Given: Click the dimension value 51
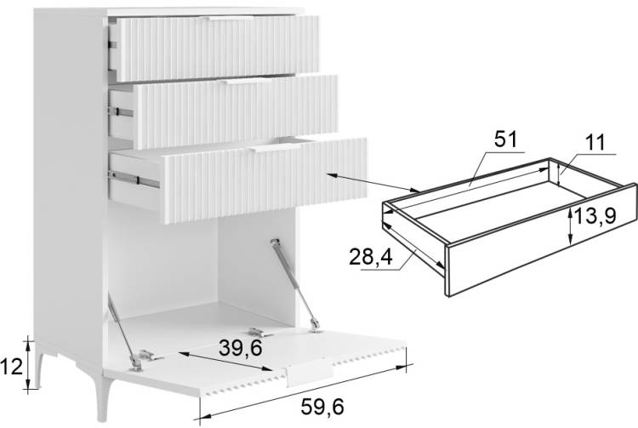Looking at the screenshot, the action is coord(506,140).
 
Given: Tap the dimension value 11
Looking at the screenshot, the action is coord(595,142).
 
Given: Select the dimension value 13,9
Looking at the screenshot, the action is coord(595,215).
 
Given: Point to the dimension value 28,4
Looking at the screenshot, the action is coord(371,257).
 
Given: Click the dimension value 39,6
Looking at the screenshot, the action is coord(241,348).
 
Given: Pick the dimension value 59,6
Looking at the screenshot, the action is coord(322,407).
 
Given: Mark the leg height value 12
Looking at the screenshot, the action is coord(11,368).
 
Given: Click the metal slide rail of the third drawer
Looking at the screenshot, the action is coord(134,180).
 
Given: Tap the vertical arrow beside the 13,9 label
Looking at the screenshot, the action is coord(571,225).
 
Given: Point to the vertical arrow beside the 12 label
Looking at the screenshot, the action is coord(28,365).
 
